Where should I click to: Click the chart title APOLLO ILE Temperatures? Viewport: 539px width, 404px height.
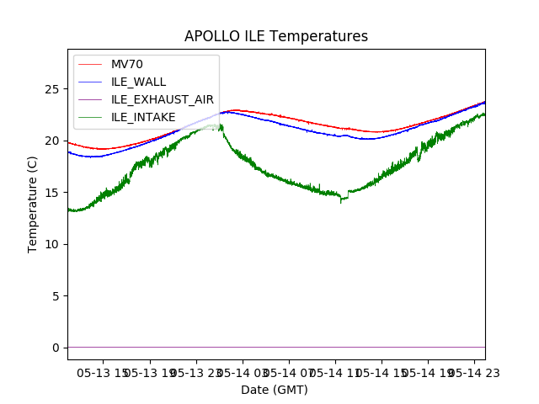276,37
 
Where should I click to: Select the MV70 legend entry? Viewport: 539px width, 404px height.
126,64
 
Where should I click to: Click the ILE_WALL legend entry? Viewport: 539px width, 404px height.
138,82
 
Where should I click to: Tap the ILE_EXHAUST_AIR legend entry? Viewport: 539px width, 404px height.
162,99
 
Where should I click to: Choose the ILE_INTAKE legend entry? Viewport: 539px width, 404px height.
143,117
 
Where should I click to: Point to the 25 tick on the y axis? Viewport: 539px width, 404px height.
56,89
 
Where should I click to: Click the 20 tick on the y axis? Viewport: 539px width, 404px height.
56,141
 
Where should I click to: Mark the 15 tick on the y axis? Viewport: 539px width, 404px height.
56,193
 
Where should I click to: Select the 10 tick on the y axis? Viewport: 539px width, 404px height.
56,244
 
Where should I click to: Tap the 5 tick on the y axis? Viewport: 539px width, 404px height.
59,296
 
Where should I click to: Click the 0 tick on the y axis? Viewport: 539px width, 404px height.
59,348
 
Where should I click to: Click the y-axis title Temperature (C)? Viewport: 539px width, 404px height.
33,205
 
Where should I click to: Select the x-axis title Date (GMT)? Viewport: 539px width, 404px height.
275,390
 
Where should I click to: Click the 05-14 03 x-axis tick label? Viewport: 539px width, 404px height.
243,372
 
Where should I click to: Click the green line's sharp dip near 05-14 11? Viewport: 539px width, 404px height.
341,202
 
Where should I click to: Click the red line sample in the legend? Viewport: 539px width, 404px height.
92,64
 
